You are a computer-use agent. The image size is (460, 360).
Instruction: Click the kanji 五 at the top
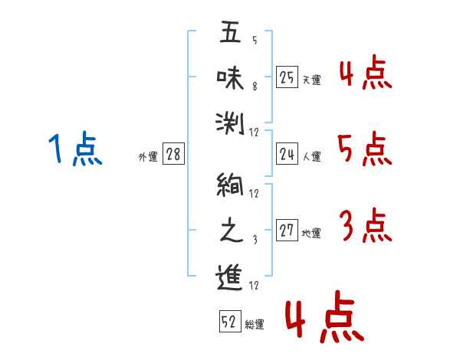(x=230, y=31)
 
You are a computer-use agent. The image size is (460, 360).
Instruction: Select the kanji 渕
(x=230, y=123)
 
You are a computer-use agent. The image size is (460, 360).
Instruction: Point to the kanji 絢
(x=230, y=184)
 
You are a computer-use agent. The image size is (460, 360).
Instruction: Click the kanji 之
(x=232, y=230)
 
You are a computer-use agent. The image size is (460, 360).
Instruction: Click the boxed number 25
(x=287, y=77)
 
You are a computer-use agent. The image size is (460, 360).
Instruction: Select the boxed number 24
(x=287, y=154)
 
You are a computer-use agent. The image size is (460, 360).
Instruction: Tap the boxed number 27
(x=287, y=230)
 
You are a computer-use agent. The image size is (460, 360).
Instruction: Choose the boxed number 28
(x=173, y=154)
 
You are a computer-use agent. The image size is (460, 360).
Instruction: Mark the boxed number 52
(x=230, y=321)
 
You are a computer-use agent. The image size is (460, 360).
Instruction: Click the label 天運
(x=312, y=80)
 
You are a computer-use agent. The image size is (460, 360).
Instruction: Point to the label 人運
(x=312, y=156)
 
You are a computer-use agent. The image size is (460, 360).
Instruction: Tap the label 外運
(x=148, y=156)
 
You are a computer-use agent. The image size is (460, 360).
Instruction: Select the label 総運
(x=255, y=324)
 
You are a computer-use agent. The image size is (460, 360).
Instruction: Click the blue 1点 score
(x=75, y=149)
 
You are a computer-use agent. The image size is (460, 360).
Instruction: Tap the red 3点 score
(x=366, y=225)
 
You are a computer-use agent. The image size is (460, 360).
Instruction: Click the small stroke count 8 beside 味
(x=255, y=87)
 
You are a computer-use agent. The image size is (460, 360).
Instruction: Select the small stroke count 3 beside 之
(x=255, y=240)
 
